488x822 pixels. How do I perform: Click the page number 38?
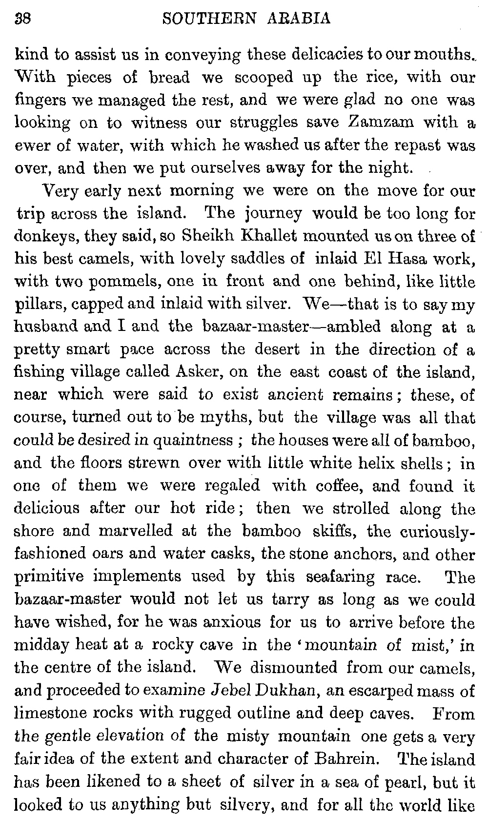tap(23, 19)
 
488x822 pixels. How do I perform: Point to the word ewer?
tap(31, 145)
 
